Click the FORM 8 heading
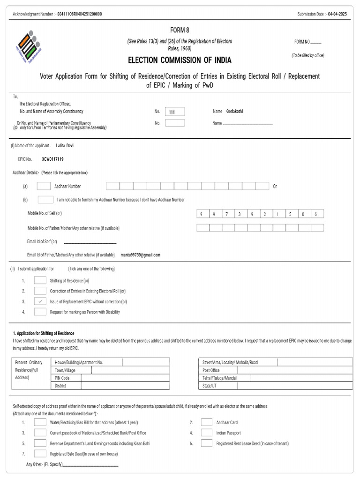click(x=180, y=30)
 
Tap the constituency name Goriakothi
click(x=235, y=112)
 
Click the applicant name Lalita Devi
click(x=65, y=146)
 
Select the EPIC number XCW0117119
click(x=52, y=159)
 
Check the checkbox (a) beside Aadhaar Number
click(x=44, y=186)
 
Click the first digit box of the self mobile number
click(x=202, y=214)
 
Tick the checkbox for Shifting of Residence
click(x=40, y=281)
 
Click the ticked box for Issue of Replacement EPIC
click(x=40, y=301)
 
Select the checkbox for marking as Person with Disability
click(x=40, y=312)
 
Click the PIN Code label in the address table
click(x=62, y=378)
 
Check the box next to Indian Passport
click(x=207, y=433)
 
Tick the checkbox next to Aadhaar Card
click(x=207, y=422)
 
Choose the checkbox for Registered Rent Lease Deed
click(x=207, y=443)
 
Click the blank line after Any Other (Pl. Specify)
click(x=90, y=465)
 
